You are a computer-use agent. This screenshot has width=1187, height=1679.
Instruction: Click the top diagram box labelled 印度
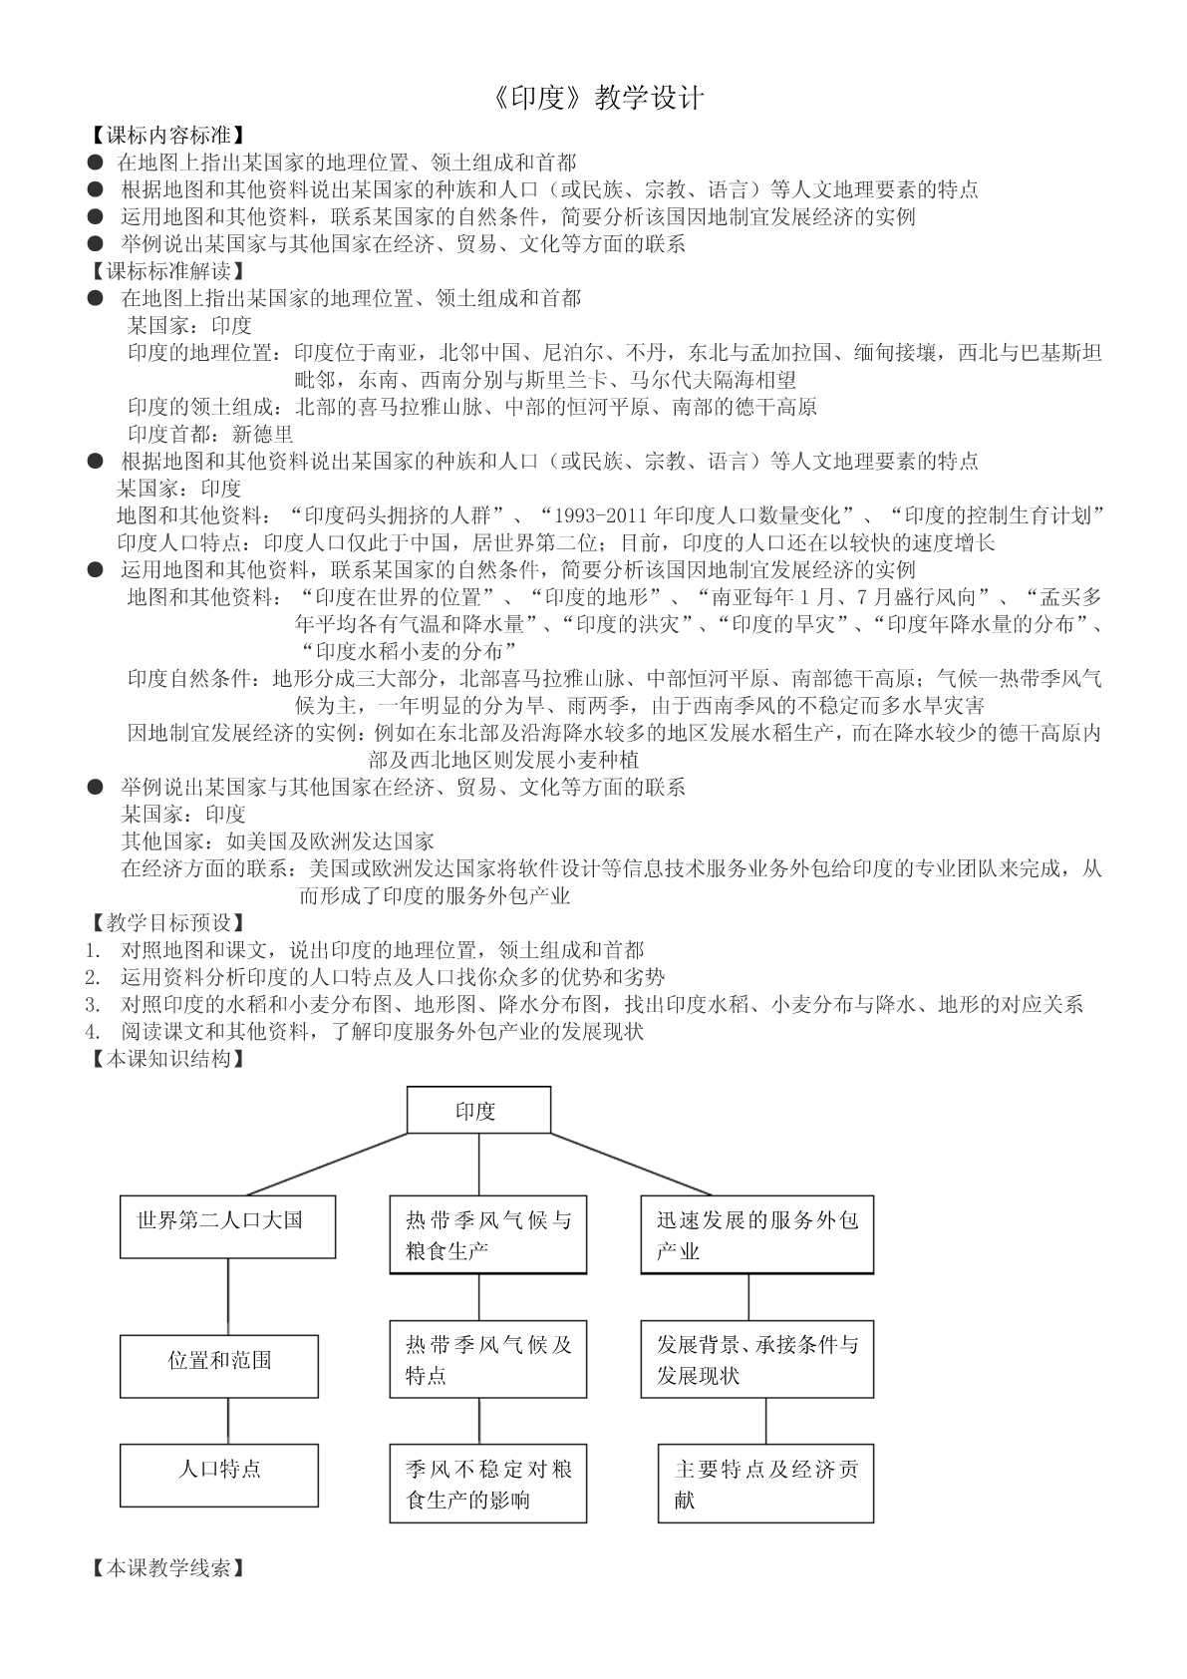(478, 1111)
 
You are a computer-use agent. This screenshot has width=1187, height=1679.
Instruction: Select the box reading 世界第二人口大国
(227, 1227)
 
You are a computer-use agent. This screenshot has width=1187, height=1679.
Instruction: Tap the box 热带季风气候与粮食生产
(487, 1234)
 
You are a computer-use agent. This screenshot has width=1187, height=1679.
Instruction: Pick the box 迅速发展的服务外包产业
(756, 1234)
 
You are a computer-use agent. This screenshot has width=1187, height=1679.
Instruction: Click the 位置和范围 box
(219, 1366)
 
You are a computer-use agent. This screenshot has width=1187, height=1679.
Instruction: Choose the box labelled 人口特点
(219, 1475)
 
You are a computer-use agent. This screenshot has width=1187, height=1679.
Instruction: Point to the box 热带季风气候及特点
(487, 1360)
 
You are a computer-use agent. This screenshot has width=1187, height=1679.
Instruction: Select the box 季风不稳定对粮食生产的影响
(487, 1484)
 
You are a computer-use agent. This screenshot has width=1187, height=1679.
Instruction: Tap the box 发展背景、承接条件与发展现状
(756, 1360)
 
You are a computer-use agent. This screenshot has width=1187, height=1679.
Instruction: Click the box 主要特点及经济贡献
(765, 1484)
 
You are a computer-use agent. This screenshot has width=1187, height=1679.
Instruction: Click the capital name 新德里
(263, 434)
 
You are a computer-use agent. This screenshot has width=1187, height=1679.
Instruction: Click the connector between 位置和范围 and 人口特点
(228, 1421)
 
